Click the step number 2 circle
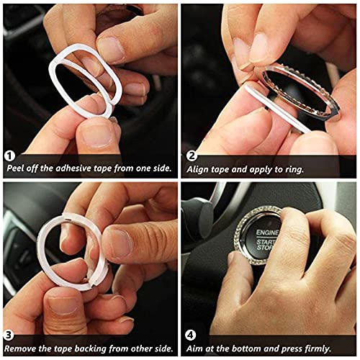192,155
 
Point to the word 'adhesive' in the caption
77,167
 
